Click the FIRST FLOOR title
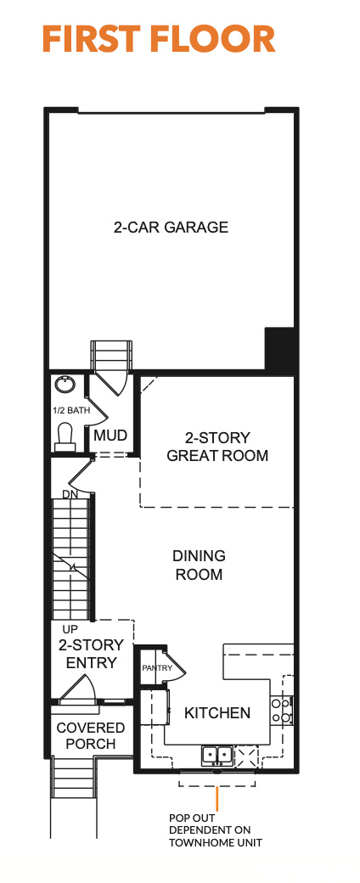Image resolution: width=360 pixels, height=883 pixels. point(159,39)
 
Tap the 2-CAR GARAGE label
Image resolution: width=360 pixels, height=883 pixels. point(172,228)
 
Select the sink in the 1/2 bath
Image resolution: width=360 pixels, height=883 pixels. point(65,385)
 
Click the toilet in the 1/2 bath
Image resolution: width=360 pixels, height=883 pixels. point(65,437)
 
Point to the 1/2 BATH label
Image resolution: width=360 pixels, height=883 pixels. point(71,411)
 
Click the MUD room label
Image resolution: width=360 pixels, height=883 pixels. point(110,436)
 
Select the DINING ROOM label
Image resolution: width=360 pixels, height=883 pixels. point(199,565)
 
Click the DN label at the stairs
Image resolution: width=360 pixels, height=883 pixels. point(70,494)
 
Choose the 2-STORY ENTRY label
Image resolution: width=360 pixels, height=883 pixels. point(91,654)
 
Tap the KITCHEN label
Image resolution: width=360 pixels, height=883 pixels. point(217,713)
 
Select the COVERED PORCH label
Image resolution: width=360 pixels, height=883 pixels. point(90,736)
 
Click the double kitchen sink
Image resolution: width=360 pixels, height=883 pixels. point(217,753)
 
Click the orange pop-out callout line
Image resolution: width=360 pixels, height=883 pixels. point(217,799)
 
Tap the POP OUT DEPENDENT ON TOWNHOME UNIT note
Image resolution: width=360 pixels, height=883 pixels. point(216,830)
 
